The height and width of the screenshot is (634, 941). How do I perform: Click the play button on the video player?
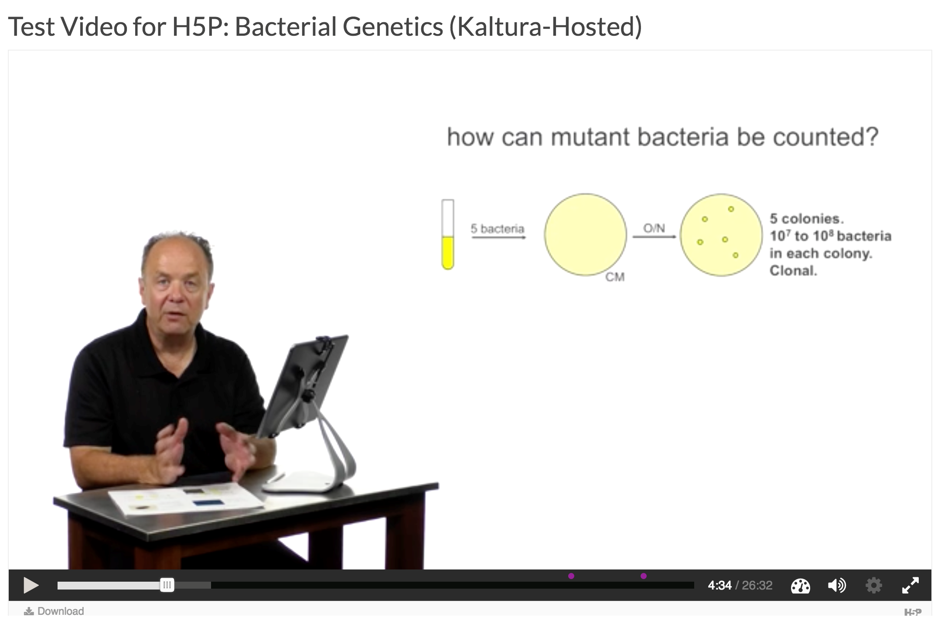coord(31,585)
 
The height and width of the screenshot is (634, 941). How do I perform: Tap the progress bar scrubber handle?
coord(167,585)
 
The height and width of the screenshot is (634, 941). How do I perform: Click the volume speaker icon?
coord(837,585)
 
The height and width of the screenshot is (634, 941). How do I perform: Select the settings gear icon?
coord(873,585)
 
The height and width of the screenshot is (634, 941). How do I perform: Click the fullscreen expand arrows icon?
coord(910,585)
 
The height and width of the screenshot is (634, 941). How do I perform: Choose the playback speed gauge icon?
coord(800,586)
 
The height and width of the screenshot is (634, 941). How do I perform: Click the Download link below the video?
coord(54,611)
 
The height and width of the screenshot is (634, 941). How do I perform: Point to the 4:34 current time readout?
coord(719,585)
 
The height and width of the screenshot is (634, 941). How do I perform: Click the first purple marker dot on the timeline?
coord(571,576)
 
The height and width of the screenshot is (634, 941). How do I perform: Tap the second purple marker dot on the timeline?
coord(644,576)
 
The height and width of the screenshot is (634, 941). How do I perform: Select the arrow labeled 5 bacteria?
coord(499,237)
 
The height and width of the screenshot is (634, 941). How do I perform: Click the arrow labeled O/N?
coord(655,237)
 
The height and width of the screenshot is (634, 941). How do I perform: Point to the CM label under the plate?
coord(615,277)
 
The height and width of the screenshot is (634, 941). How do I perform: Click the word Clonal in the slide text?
coord(793,271)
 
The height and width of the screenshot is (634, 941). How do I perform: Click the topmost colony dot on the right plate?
coord(731,209)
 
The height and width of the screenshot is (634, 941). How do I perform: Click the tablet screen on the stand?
coord(306,384)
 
